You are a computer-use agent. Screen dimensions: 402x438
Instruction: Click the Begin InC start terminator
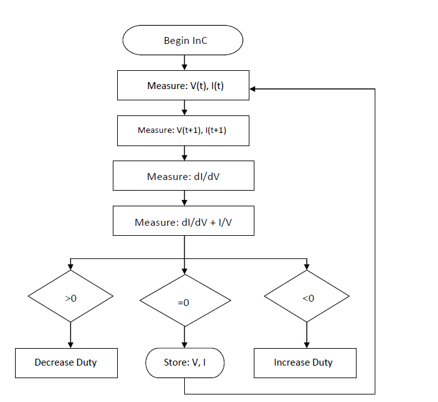tap(183, 41)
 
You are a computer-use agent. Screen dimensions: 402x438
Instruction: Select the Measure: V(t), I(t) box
tap(184, 85)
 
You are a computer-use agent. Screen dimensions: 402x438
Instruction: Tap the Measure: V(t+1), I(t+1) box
tap(184, 130)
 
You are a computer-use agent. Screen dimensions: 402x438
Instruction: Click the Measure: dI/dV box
tap(184, 176)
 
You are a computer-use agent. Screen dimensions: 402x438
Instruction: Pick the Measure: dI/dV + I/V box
tap(184, 222)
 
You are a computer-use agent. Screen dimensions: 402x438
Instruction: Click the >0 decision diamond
tap(70, 297)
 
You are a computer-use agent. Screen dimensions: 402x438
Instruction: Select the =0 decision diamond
tap(184, 302)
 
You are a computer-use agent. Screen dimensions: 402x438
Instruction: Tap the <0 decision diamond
tap(307, 297)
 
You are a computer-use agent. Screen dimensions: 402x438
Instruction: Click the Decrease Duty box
tap(66, 362)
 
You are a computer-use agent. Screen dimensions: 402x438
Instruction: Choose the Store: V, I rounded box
tap(184, 362)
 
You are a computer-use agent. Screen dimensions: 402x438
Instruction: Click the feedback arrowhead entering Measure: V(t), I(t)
tap(254, 89)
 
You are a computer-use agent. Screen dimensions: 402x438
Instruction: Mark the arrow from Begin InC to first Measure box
tap(184, 62)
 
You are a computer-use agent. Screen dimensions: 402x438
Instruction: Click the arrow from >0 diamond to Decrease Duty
tap(70, 335)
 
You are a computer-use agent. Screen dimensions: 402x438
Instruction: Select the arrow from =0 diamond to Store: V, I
tap(184, 338)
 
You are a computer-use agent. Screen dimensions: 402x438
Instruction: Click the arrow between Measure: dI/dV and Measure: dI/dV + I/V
tap(184, 199)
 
